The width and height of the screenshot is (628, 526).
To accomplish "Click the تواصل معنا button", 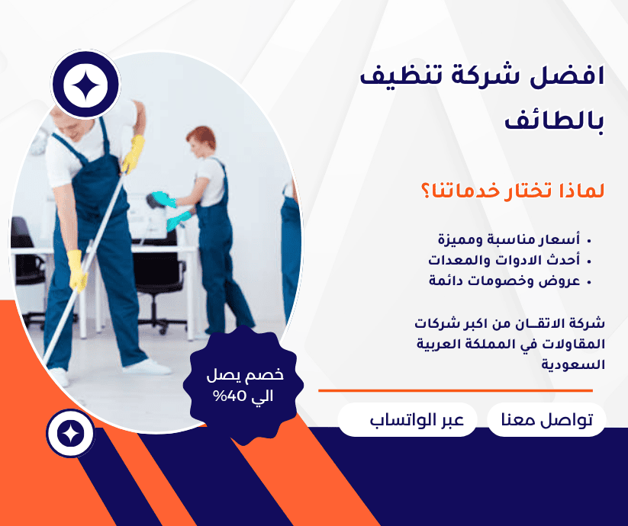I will coord(546,420).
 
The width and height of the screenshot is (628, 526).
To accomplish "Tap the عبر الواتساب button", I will coord(407,420).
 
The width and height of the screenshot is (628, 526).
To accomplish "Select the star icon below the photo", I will coord(70,434).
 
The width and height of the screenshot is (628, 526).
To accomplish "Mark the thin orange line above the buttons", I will coord(455,390).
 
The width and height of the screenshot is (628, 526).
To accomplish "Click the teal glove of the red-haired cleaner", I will coord(163,200).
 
